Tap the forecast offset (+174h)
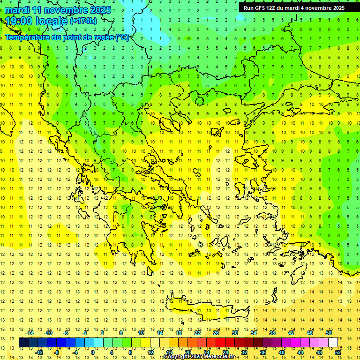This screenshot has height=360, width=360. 83,21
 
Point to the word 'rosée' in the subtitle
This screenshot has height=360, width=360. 104,37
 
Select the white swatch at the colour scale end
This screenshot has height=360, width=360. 333,343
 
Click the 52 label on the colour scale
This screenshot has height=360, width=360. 338,352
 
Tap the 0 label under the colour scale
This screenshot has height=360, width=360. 92,352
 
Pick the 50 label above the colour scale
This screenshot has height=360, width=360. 328,333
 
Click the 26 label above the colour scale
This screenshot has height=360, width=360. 216,333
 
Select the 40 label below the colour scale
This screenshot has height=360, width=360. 282,352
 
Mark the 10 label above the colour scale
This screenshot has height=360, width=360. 141,333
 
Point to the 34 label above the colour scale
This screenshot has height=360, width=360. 254,333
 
